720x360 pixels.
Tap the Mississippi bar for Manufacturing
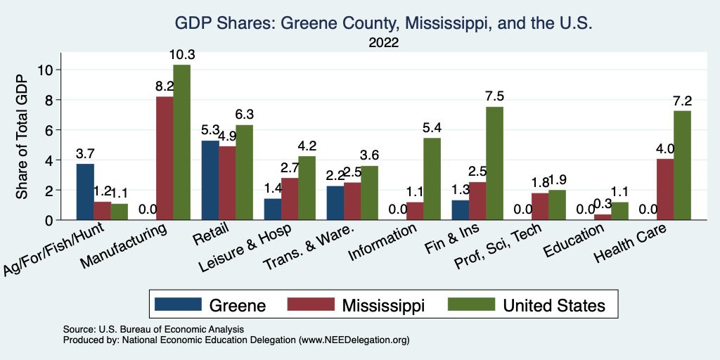point(165,158)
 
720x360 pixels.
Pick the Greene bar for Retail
point(210,180)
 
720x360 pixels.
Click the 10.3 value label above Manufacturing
point(181,54)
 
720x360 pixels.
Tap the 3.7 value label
point(85,153)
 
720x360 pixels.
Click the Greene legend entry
point(210,305)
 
